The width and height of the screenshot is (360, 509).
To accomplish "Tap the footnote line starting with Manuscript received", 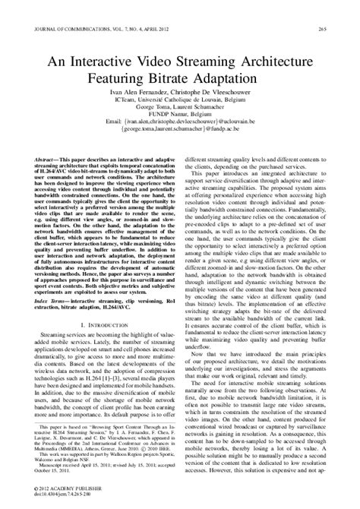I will [x=74, y=464].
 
